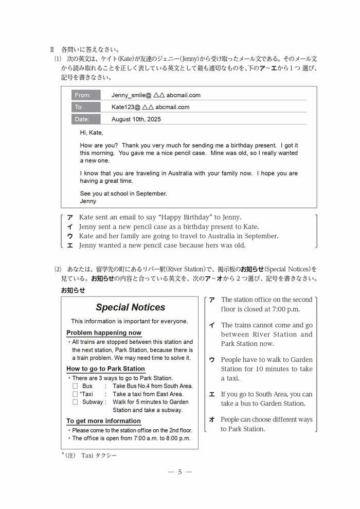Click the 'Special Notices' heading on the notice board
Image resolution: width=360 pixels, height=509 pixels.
pos(130,307)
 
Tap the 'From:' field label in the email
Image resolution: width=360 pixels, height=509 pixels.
pos(83,95)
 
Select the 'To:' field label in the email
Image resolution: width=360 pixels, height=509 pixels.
pos(79,107)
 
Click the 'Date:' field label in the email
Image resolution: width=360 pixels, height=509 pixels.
pos(82,119)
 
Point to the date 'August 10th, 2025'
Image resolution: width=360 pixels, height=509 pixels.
pos(136,119)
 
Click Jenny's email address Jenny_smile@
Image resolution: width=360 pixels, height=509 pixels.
pos(131,95)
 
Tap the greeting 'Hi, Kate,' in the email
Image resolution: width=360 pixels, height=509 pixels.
pos(92,133)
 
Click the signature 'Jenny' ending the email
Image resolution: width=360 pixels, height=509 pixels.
pos(88,201)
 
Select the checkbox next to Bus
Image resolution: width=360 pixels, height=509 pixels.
pos(75,385)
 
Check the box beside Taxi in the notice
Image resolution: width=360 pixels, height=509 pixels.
pos(75,394)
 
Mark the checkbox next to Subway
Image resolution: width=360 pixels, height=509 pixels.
pos(75,402)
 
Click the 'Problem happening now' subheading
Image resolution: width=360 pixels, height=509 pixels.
pos(104,333)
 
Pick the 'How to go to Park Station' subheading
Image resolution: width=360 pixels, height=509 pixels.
pos(105,368)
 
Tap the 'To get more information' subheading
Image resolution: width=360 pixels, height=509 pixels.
pos(103,421)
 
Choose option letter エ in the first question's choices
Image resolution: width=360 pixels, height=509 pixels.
pos(70,245)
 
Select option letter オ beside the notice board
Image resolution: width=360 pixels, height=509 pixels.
pos(211,419)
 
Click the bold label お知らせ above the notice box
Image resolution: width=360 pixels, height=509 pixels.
pos(73,290)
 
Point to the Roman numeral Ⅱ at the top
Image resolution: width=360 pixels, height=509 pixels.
pos(52,50)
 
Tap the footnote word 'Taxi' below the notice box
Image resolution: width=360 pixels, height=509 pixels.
pos(87,455)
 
